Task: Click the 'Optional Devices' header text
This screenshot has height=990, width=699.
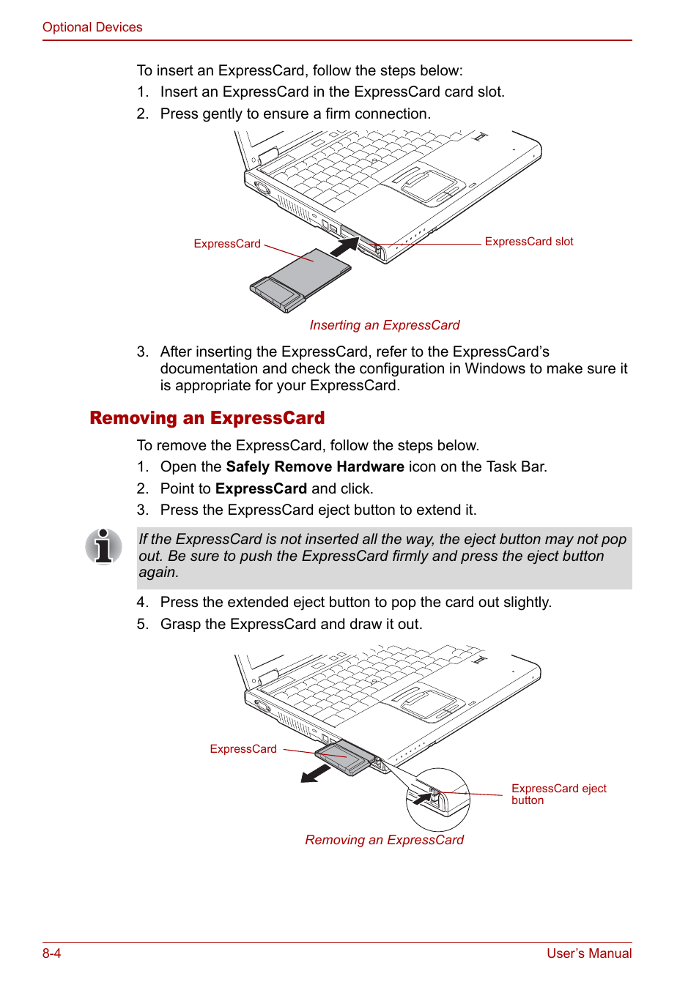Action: pyautogui.click(x=92, y=27)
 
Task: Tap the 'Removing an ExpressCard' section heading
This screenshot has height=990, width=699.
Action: pyautogui.click(x=207, y=418)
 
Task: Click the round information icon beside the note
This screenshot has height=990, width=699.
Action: pyautogui.click(x=103, y=546)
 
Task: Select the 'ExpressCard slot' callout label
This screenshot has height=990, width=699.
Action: pyautogui.click(x=528, y=242)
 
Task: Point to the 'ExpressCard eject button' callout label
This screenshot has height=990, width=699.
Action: pyautogui.click(x=558, y=794)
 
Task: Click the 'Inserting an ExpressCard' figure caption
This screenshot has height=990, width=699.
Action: pyautogui.click(x=384, y=325)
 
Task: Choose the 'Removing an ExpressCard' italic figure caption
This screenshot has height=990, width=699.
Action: pyautogui.click(x=384, y=840)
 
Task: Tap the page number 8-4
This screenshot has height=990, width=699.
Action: pyautogui.click(x=51, y=953)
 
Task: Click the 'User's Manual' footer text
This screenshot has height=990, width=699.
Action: pyautogui.click(x=588, y=953)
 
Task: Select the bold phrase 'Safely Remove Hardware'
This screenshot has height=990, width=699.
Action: pyautogui.click(x=315, y=467)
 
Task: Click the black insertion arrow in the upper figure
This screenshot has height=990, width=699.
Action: pyautogui.click(x=343, y=246)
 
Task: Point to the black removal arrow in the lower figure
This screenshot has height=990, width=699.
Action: pyautogui.click(x=317, y=773)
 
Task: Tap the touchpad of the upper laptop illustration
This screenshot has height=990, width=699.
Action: pyautogui.click(x=428, y=183)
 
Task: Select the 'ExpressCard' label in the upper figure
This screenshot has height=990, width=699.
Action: pyautogui.click(x=227, y=244)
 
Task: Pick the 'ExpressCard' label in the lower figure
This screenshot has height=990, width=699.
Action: pyautogui.click(x=243, y=749)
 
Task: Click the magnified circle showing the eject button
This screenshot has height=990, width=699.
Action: pyautogui.click(x=438, y=799)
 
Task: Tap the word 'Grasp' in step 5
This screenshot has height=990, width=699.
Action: pyautogui.click(x=180, y=625)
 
